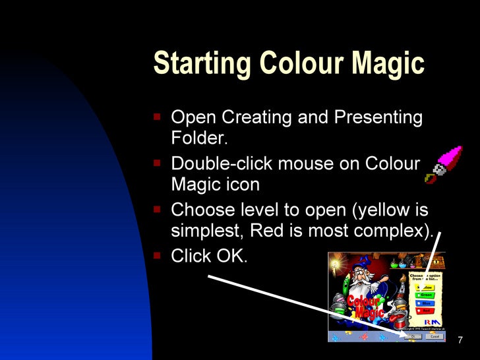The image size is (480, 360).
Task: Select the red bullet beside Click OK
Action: [158, 255]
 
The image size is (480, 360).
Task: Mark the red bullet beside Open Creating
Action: [158, 117]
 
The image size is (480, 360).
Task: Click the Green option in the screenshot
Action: [427, 295]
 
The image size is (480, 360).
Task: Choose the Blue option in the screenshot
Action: [427, 303]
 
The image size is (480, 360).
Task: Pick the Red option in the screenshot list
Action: [427, 311]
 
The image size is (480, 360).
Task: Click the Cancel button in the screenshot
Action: [434, 336]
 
